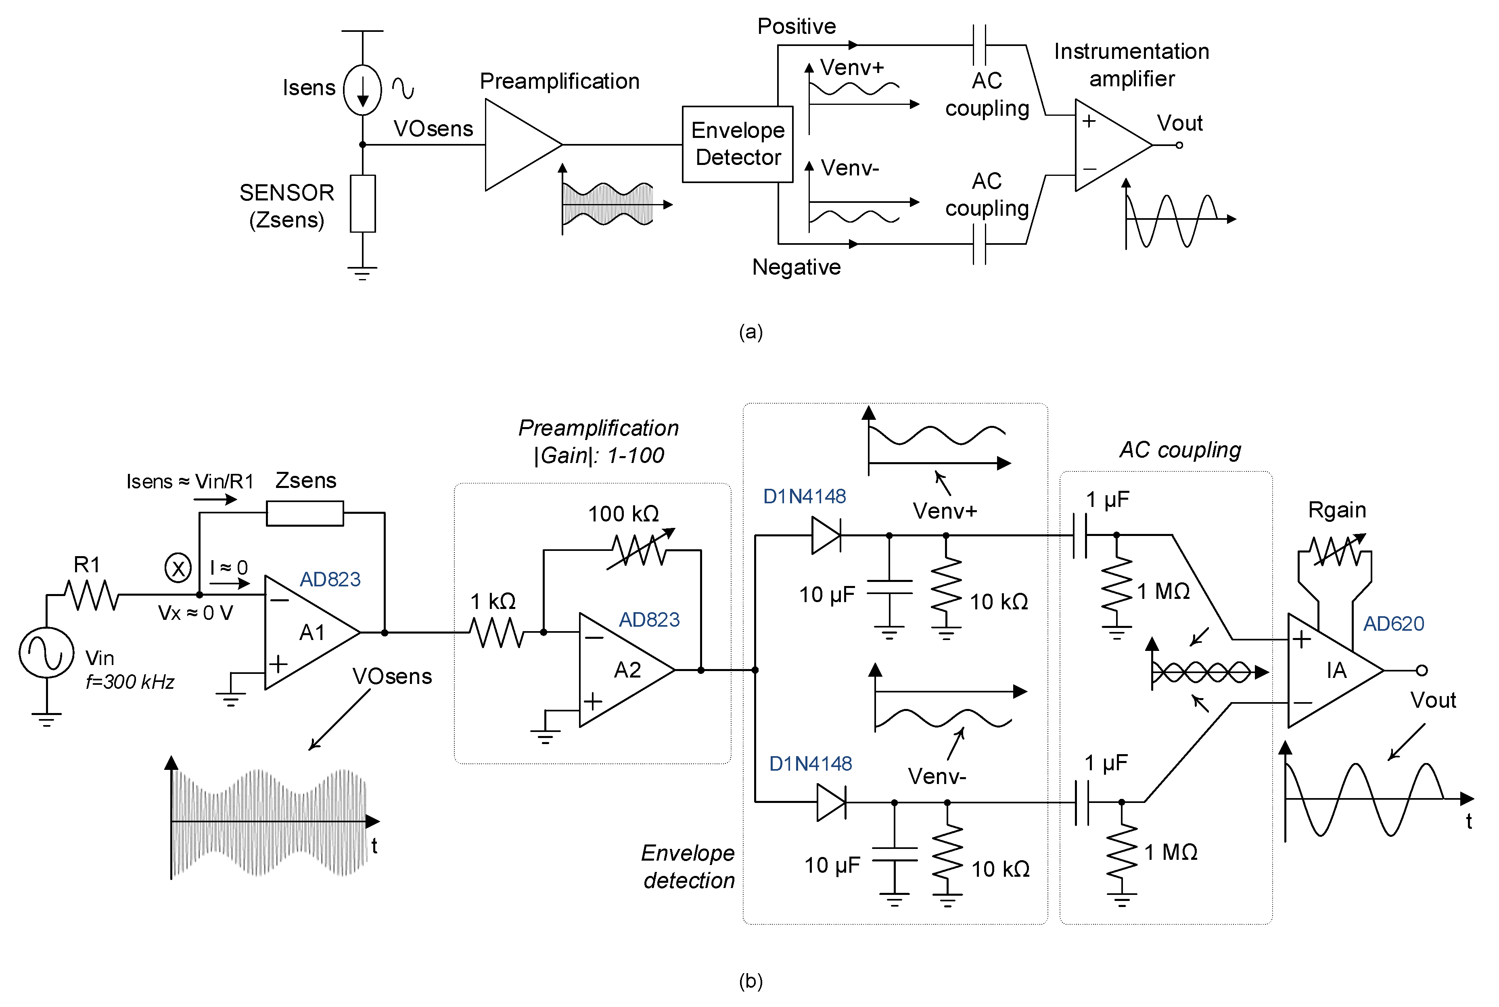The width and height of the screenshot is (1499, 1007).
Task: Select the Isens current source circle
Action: tap(362, 90)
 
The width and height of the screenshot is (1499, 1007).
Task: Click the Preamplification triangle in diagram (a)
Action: tap(517, 144)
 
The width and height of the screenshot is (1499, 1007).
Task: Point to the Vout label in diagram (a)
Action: tap(1179, 123)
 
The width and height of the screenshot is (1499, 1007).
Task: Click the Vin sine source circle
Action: tap(46, 653)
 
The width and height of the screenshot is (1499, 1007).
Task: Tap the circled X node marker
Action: tap(178, 568)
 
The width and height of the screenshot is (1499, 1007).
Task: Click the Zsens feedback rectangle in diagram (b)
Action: tap(305, 513)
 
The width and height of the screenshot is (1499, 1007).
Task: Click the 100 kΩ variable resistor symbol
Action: tap(639, 550)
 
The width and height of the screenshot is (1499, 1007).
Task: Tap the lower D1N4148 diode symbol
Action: tap(831, 802)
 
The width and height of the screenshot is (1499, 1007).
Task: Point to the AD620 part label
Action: tap(1393, 623)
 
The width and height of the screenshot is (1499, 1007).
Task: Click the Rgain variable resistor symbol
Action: tap(1336, 551)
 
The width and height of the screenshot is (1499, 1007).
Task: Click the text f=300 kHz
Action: tap(130, 682)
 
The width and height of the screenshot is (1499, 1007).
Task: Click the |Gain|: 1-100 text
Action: tap(599, 455)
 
